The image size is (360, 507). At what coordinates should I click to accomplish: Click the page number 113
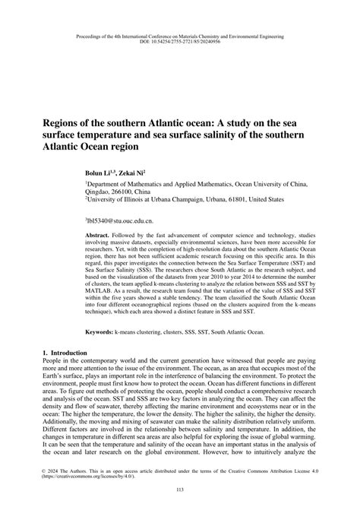[x=180, y=490]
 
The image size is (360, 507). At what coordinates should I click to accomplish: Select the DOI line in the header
[x=180, y=42]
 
